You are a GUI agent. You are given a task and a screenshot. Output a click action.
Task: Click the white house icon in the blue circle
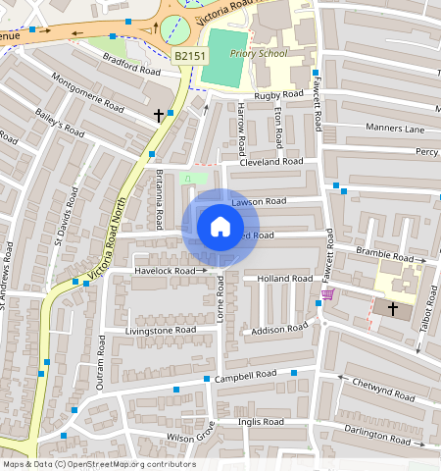(220, 228)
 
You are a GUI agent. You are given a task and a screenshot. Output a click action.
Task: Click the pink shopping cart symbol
(327, 293)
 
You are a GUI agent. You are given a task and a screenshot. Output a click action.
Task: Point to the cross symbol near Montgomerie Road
(158, 116)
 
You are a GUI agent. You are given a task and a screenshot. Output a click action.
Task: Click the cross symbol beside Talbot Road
(393, 308)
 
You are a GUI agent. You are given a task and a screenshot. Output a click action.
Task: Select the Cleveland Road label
(271, 161)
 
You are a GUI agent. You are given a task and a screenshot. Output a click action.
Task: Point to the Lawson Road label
(259, 201)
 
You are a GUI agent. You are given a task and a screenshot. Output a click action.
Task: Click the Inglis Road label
(261, 421)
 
